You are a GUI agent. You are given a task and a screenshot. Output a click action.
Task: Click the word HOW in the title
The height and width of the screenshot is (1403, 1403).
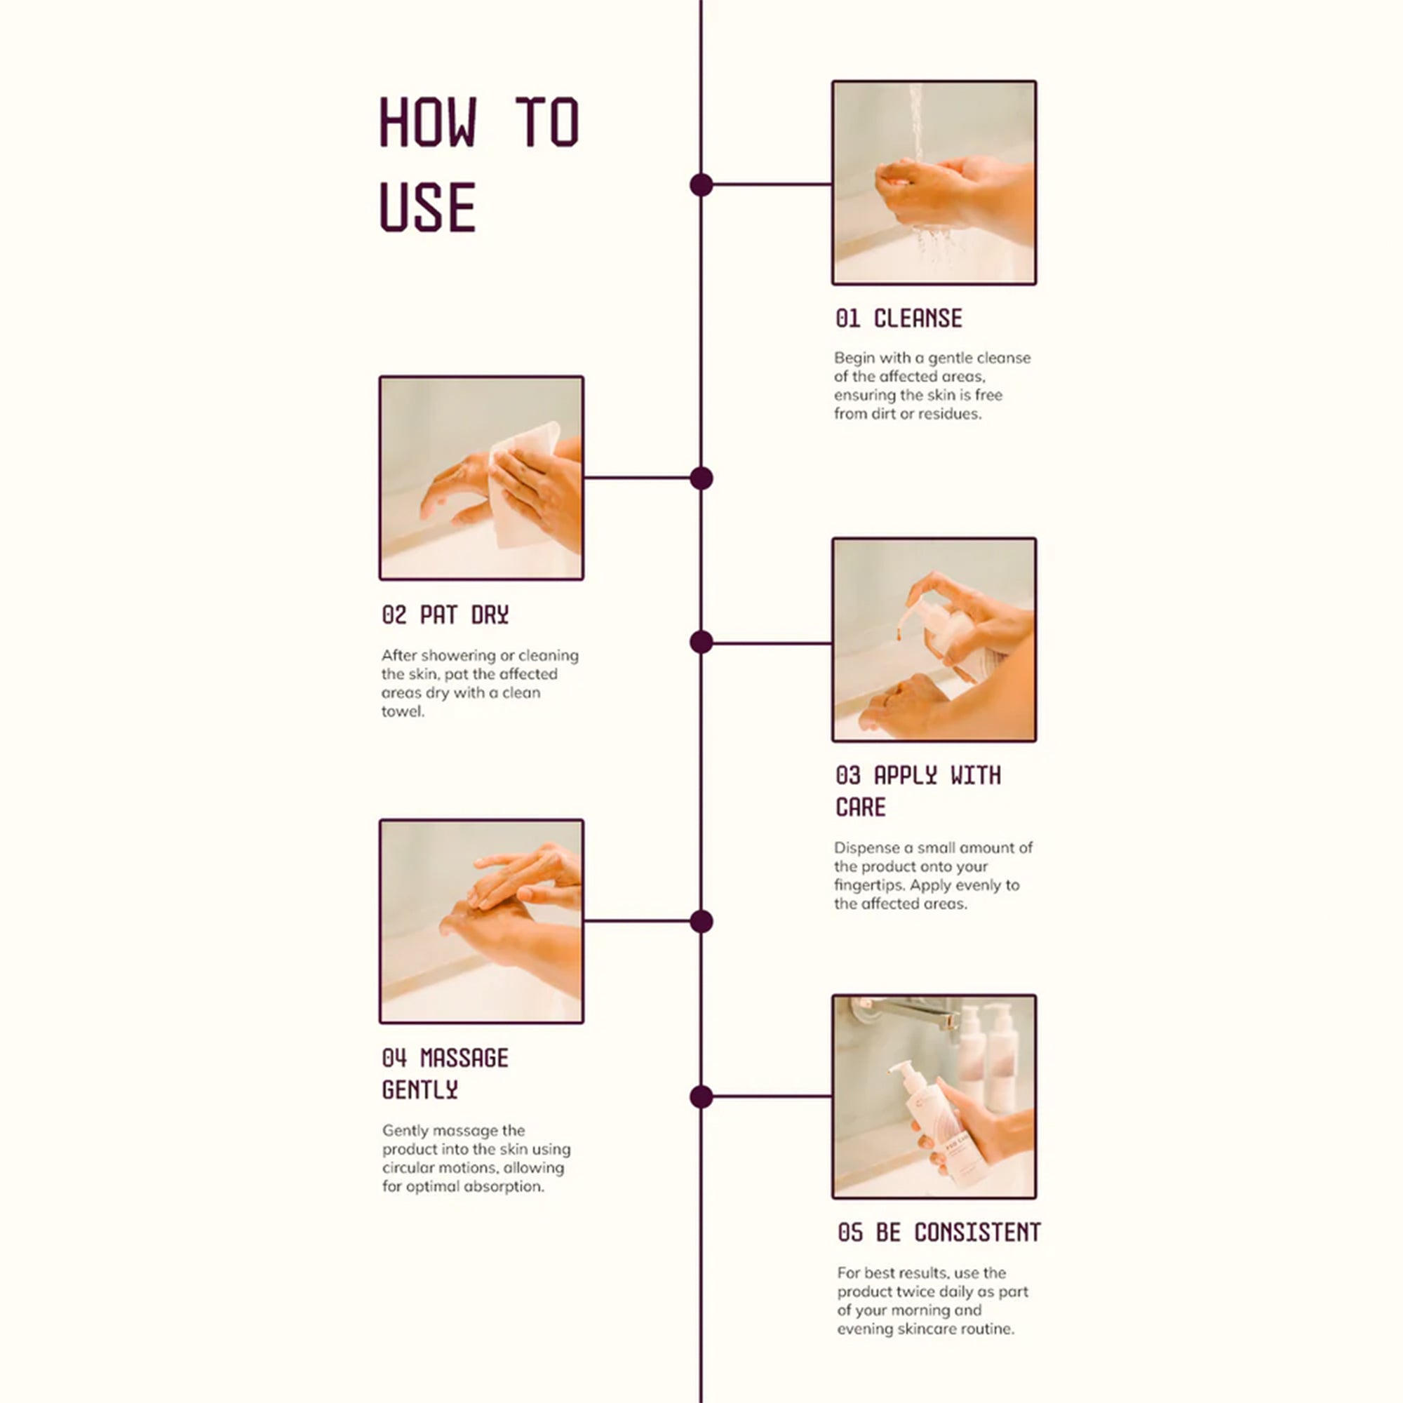[429, 122]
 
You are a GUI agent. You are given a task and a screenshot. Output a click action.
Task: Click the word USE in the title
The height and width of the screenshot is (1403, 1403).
[428, 207]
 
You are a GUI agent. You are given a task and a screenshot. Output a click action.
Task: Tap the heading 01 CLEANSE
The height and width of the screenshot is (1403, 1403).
[899, 318]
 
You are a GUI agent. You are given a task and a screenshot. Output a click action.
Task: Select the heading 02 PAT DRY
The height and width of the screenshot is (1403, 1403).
[445, 615]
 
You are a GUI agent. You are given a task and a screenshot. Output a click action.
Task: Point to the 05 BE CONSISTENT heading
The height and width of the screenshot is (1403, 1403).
[939, 1233]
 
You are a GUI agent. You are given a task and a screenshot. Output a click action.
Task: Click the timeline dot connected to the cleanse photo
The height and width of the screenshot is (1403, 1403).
[701, 185]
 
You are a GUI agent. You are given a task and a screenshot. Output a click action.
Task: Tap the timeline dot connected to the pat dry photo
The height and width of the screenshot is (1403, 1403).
[701, 478]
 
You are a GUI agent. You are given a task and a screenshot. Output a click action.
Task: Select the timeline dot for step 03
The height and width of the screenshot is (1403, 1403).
[701, 642]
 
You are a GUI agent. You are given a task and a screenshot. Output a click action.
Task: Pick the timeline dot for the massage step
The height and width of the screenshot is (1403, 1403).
[701, 922]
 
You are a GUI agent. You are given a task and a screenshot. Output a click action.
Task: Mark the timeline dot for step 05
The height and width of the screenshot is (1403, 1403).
[701, 1096]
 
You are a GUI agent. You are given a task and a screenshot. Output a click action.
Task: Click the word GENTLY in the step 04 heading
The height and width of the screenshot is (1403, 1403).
[419, 1090]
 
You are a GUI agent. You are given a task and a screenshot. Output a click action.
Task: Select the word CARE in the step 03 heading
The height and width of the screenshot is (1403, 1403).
[861, 807]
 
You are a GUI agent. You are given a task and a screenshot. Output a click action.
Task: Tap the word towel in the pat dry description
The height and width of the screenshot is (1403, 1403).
[402, 711]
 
